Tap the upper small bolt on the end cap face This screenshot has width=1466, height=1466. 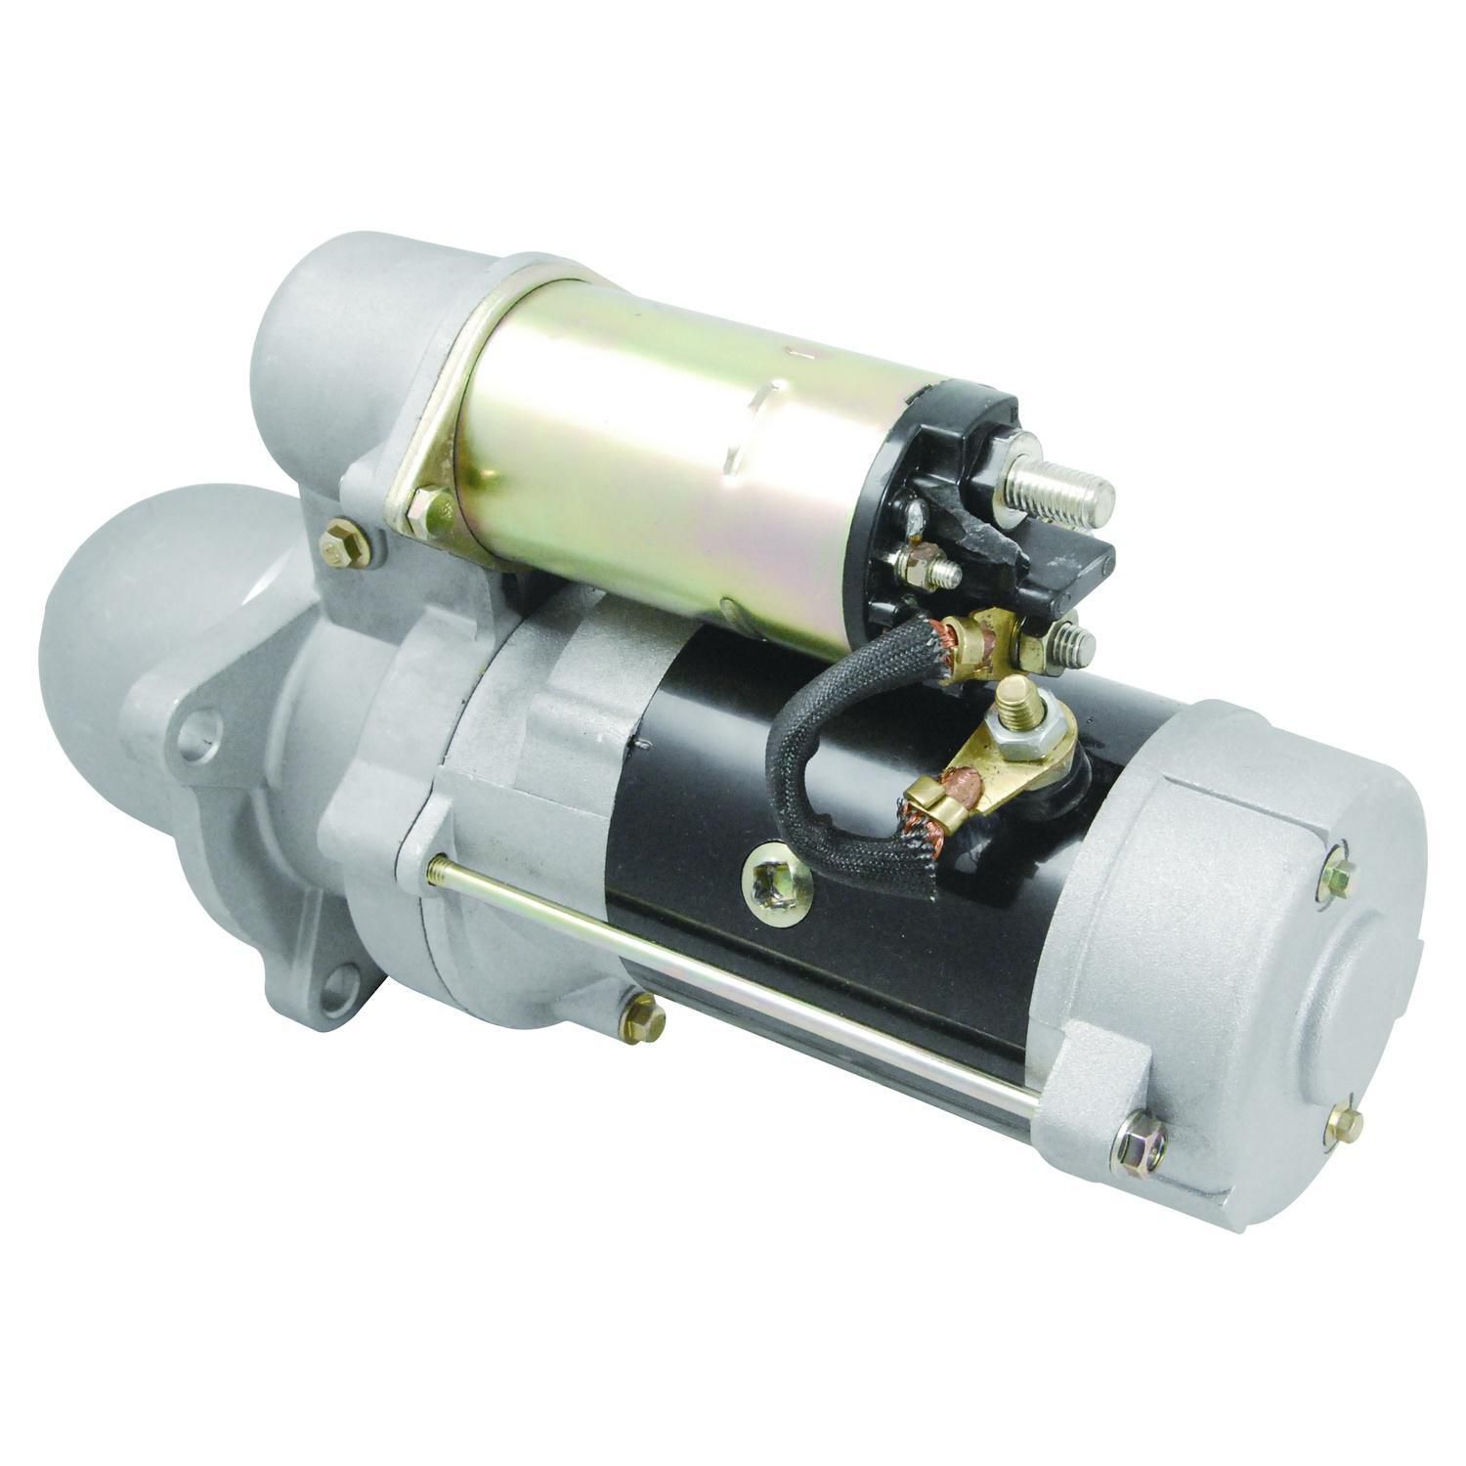[x=1336, y=877]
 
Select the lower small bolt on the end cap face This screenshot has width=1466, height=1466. [x=1347, y=1124]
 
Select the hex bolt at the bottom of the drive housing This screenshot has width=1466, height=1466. [x=642, y=1018]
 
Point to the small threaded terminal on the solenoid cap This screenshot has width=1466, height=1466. [x=928, y=569]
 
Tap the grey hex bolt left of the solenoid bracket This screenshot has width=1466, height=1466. [x=344, y=543]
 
